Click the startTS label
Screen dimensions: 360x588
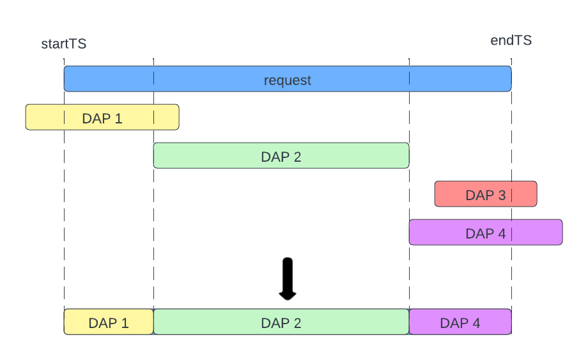64,44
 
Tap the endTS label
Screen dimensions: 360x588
511,41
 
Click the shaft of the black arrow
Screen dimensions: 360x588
288,272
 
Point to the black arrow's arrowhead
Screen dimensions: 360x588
288,294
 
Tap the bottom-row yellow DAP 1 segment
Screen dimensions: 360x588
109,322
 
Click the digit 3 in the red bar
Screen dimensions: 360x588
502,195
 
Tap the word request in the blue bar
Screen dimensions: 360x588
288,81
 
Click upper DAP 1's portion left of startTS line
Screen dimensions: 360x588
45,118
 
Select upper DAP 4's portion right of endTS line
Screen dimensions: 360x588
538,233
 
